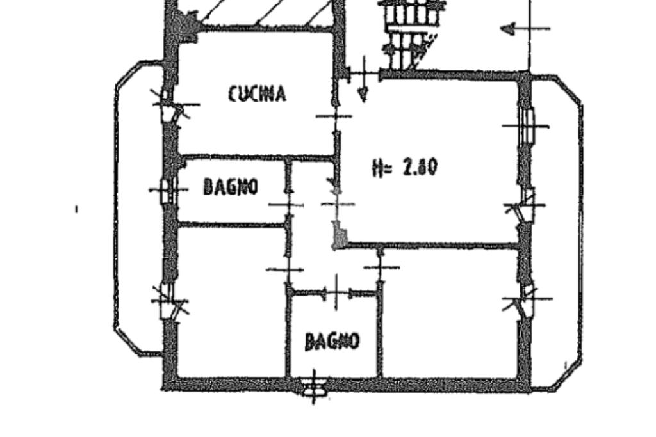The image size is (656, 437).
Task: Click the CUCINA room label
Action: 257,94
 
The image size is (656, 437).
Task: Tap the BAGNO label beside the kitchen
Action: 231,187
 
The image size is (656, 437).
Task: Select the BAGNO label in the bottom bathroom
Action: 332,341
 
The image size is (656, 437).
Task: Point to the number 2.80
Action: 420,167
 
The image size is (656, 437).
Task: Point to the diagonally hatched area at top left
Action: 269,13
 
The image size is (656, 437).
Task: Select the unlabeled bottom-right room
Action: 448,314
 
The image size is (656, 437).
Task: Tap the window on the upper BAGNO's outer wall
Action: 166,190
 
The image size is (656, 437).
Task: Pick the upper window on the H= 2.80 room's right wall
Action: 527,126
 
